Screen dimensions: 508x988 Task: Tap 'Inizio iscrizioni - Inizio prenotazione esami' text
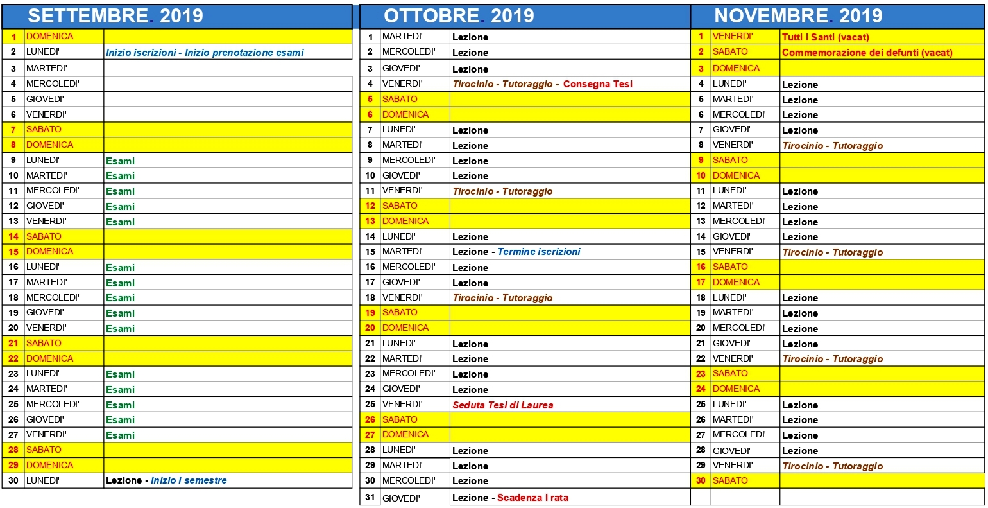(205, 53)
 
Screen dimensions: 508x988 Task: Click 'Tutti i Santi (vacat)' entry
(825, 37)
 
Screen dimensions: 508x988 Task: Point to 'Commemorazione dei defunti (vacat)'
(867, 53)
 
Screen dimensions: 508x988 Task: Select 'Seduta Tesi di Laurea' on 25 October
(502, 405)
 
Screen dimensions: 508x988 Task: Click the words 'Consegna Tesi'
(597, 84)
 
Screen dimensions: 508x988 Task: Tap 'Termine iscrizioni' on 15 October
(539, 252)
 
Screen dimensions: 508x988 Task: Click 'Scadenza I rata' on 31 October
(532, 498)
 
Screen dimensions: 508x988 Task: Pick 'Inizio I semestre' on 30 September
(189, 480)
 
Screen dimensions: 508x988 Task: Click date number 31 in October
(370, 498)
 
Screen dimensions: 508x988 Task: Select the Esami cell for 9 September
(121, 161)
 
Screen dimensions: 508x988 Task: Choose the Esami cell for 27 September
(121, 435)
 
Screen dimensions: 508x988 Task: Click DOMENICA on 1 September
(49, 37)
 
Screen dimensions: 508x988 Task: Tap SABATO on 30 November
(730, 480)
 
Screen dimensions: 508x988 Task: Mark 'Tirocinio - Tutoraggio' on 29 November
(832, 466)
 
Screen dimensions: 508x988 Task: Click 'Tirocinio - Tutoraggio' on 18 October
(502, 298)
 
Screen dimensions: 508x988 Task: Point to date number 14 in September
(13, 236)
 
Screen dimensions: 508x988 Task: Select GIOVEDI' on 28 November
(731, 450)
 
